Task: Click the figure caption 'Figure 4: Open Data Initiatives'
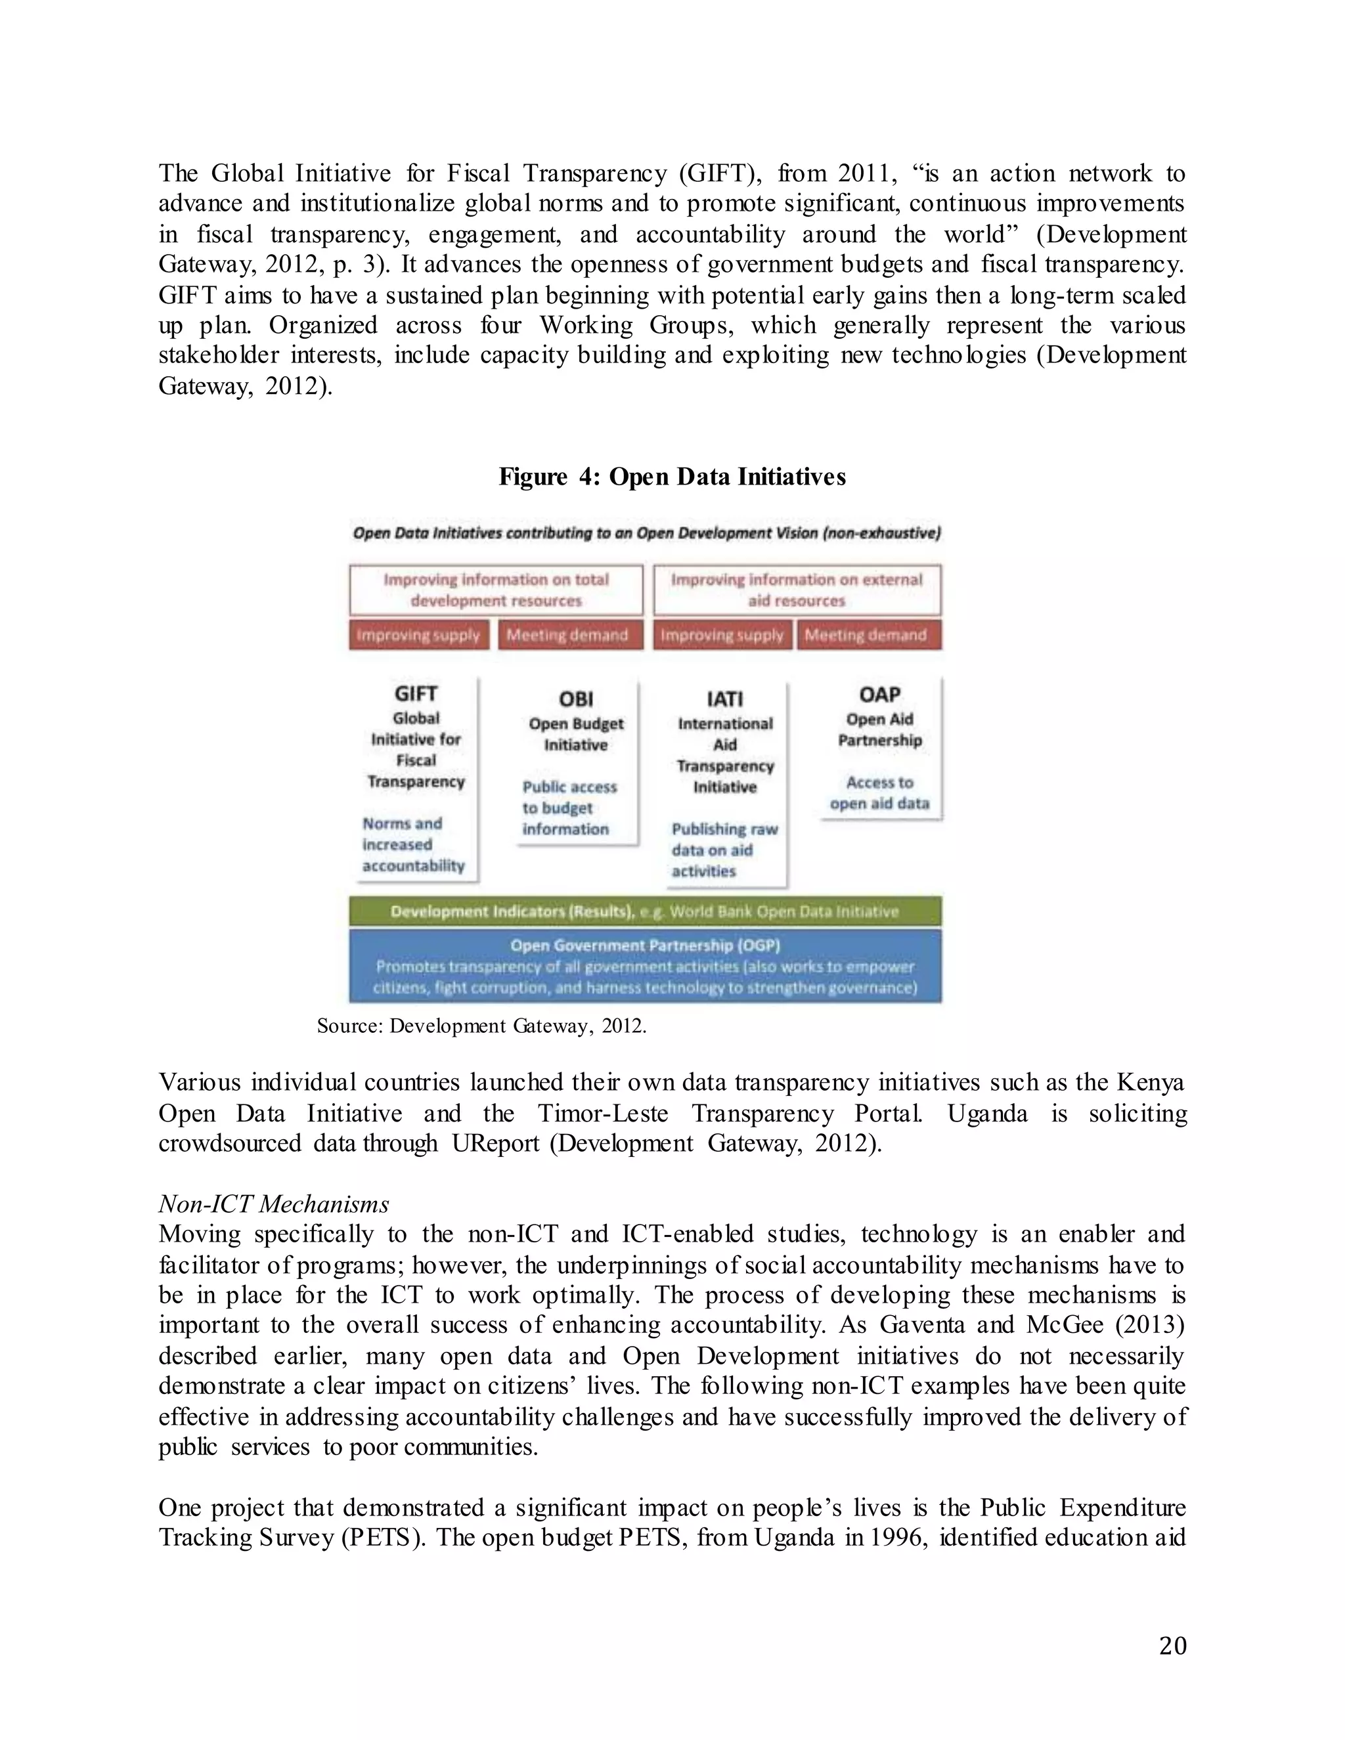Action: pos(672,477)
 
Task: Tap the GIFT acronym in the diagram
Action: pos(415,693)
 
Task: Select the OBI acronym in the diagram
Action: pos(575,699)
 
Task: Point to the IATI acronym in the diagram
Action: pos(724,699)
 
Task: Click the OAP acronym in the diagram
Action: pos(879,694)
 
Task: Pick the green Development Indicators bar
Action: pos(645,911)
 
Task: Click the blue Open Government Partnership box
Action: pos(645,966)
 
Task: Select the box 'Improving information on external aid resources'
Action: pos(796,590)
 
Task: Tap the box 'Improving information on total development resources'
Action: pos(496,590)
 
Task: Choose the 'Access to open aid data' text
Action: pos(879,793)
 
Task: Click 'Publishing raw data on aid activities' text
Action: pos(724,850)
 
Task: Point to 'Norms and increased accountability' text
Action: pos(412,844)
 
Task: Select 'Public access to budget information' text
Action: pos(569,808)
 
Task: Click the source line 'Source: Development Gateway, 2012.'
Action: pos(481,1026)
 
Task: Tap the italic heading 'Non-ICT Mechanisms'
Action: pos(273,1204)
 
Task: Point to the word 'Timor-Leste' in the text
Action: pos(602,1113)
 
